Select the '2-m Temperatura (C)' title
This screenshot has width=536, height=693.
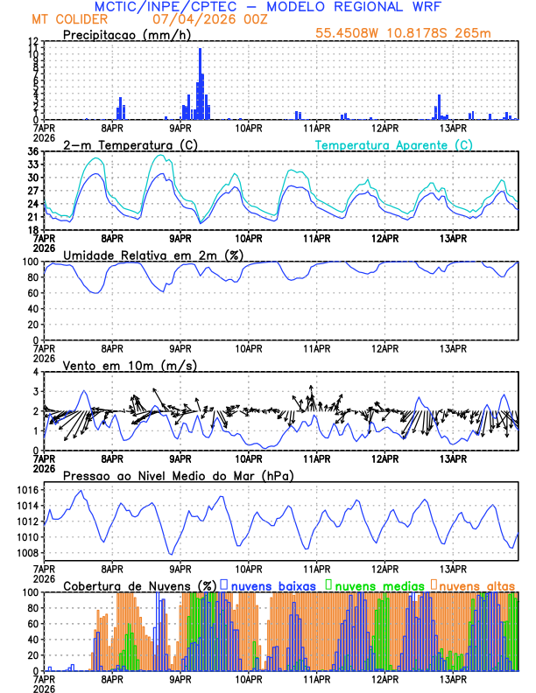128,144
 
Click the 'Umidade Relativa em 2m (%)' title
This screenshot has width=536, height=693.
152,255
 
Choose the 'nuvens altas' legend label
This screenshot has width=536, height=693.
477,584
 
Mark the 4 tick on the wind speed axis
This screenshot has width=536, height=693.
36,372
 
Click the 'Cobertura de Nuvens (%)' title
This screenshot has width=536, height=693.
139,584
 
